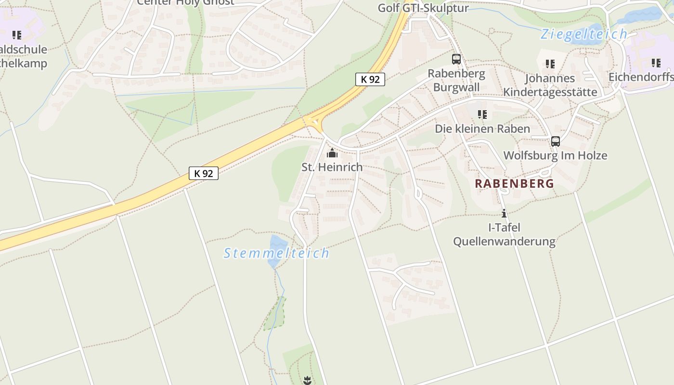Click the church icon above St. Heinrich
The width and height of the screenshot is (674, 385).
(332, 154)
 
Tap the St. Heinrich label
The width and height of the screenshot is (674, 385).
(332, 167)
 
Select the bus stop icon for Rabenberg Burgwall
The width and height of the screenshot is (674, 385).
(456, 59)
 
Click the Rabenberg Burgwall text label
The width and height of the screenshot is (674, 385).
(456, 80)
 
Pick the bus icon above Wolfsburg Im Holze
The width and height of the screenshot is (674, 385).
(555, 141)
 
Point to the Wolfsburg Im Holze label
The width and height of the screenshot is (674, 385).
(555, 155)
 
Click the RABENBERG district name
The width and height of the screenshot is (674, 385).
(514, 183)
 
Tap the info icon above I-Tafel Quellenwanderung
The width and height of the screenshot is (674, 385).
(504, 213)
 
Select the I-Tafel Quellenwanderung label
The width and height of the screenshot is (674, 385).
(504, 234)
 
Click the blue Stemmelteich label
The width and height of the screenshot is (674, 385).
(276, 253)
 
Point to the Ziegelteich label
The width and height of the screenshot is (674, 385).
(583, 34)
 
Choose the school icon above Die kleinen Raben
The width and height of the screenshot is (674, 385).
(482, 115)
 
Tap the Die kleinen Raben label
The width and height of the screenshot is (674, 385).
(482, 128)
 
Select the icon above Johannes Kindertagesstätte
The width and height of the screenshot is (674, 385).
(550, 64)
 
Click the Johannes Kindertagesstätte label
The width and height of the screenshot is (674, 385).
(550, 85)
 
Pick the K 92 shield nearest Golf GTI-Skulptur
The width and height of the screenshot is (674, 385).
(370, 79)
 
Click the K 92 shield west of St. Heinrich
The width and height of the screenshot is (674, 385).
(204, 173)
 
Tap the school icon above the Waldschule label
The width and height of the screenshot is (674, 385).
(17, 35)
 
